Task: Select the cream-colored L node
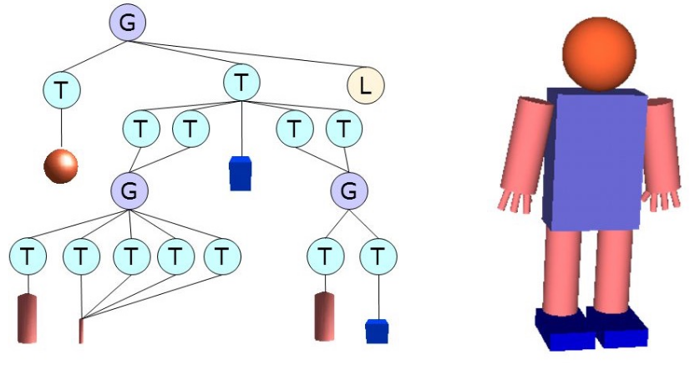(x=365, y=84)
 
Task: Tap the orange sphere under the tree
(x=61, y=166)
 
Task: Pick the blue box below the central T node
(x=241, y=173)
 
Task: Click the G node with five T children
(x=129, y=191)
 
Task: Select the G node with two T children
(x=349, y=191)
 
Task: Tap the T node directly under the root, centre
(x=241, y=82)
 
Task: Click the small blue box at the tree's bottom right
(x=378, y=331)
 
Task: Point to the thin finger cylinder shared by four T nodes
(x=81, y=331)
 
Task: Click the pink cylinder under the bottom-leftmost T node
(x=28, y=319)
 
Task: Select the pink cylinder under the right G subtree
(x=325, y=317)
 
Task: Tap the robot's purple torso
(x=595, y=159)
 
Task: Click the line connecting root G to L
(x=251, y=53)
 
